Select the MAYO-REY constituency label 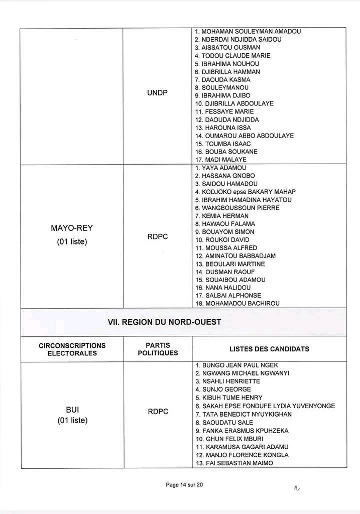[x=72, y=228]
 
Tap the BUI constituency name [x=72, y=410]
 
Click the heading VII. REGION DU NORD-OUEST [x=164, y=322]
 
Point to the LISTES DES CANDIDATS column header [x=269, y=349]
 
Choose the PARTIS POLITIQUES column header [x=158, y=349]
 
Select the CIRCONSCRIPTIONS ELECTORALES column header [x=72, y=349]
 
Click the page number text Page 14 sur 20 [x=184, y=485]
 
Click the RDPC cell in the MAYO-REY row [x=158, y=236]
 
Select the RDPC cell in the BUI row [x=158, y=412]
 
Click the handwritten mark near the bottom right [x=297, y=487]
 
